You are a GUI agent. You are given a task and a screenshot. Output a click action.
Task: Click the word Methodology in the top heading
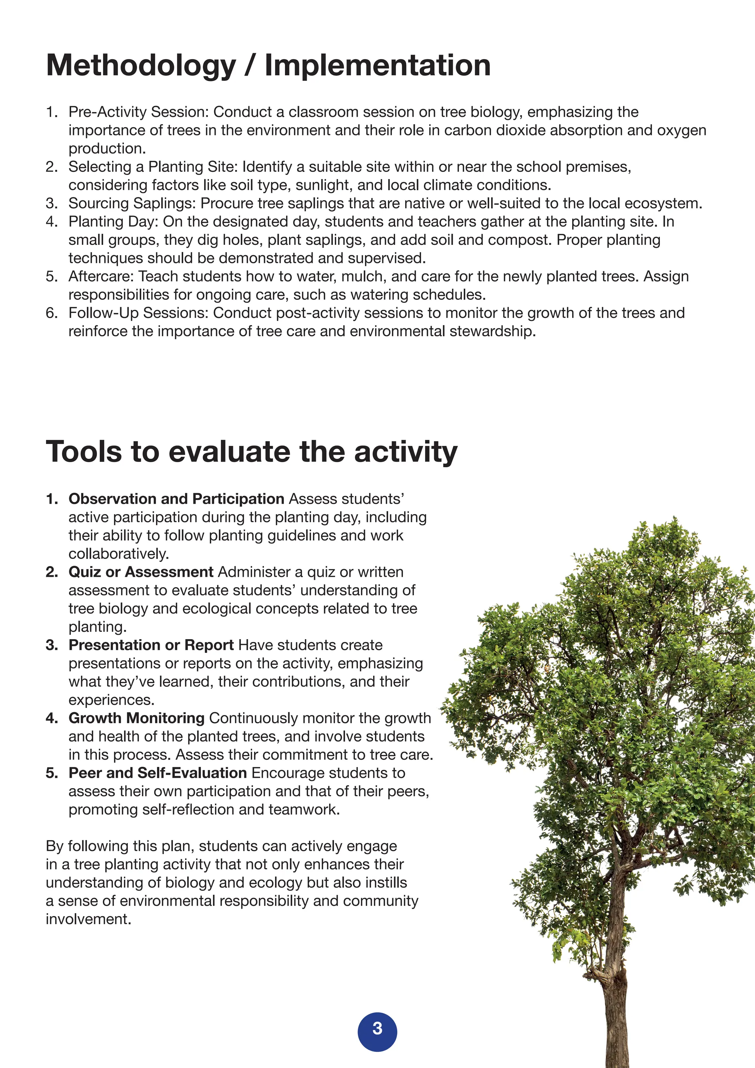(x=141, y=66)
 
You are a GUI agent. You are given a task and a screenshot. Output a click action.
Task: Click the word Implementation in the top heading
(x=377, y=66)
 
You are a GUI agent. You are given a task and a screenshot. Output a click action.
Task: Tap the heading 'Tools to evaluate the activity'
(x=251, y=452)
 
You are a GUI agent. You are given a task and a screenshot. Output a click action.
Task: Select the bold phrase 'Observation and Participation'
(x=176, y=499)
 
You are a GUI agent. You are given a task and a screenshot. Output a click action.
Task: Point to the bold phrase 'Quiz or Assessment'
(x=141, y=572)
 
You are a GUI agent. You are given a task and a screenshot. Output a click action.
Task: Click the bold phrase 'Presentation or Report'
(x=151, y=645)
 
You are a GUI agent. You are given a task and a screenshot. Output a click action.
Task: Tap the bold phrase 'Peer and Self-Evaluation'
(x=158, y=773)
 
